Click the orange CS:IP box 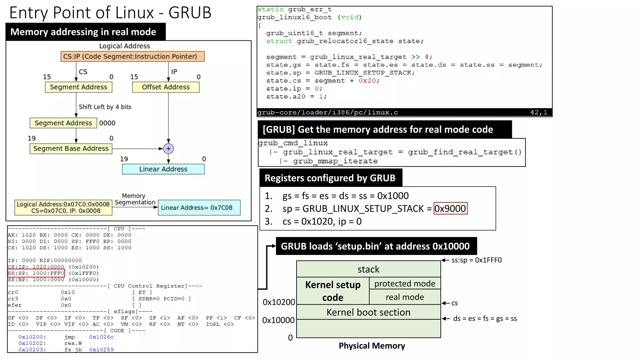132,57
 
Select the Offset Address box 166,87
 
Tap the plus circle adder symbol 168,149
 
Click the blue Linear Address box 163,169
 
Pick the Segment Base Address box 71,148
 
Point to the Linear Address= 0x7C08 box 199,208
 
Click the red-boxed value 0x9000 450,208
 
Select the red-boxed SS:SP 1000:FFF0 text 36,273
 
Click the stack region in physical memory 368,269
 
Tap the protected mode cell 405,283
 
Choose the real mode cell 405,297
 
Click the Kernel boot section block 368,312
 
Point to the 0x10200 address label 278,302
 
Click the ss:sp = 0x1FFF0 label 476,260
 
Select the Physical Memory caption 372,346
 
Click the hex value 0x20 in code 367,81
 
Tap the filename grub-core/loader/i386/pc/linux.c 327,112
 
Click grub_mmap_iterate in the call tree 335,161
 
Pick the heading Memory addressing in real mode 83,32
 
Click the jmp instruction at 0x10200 69,337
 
